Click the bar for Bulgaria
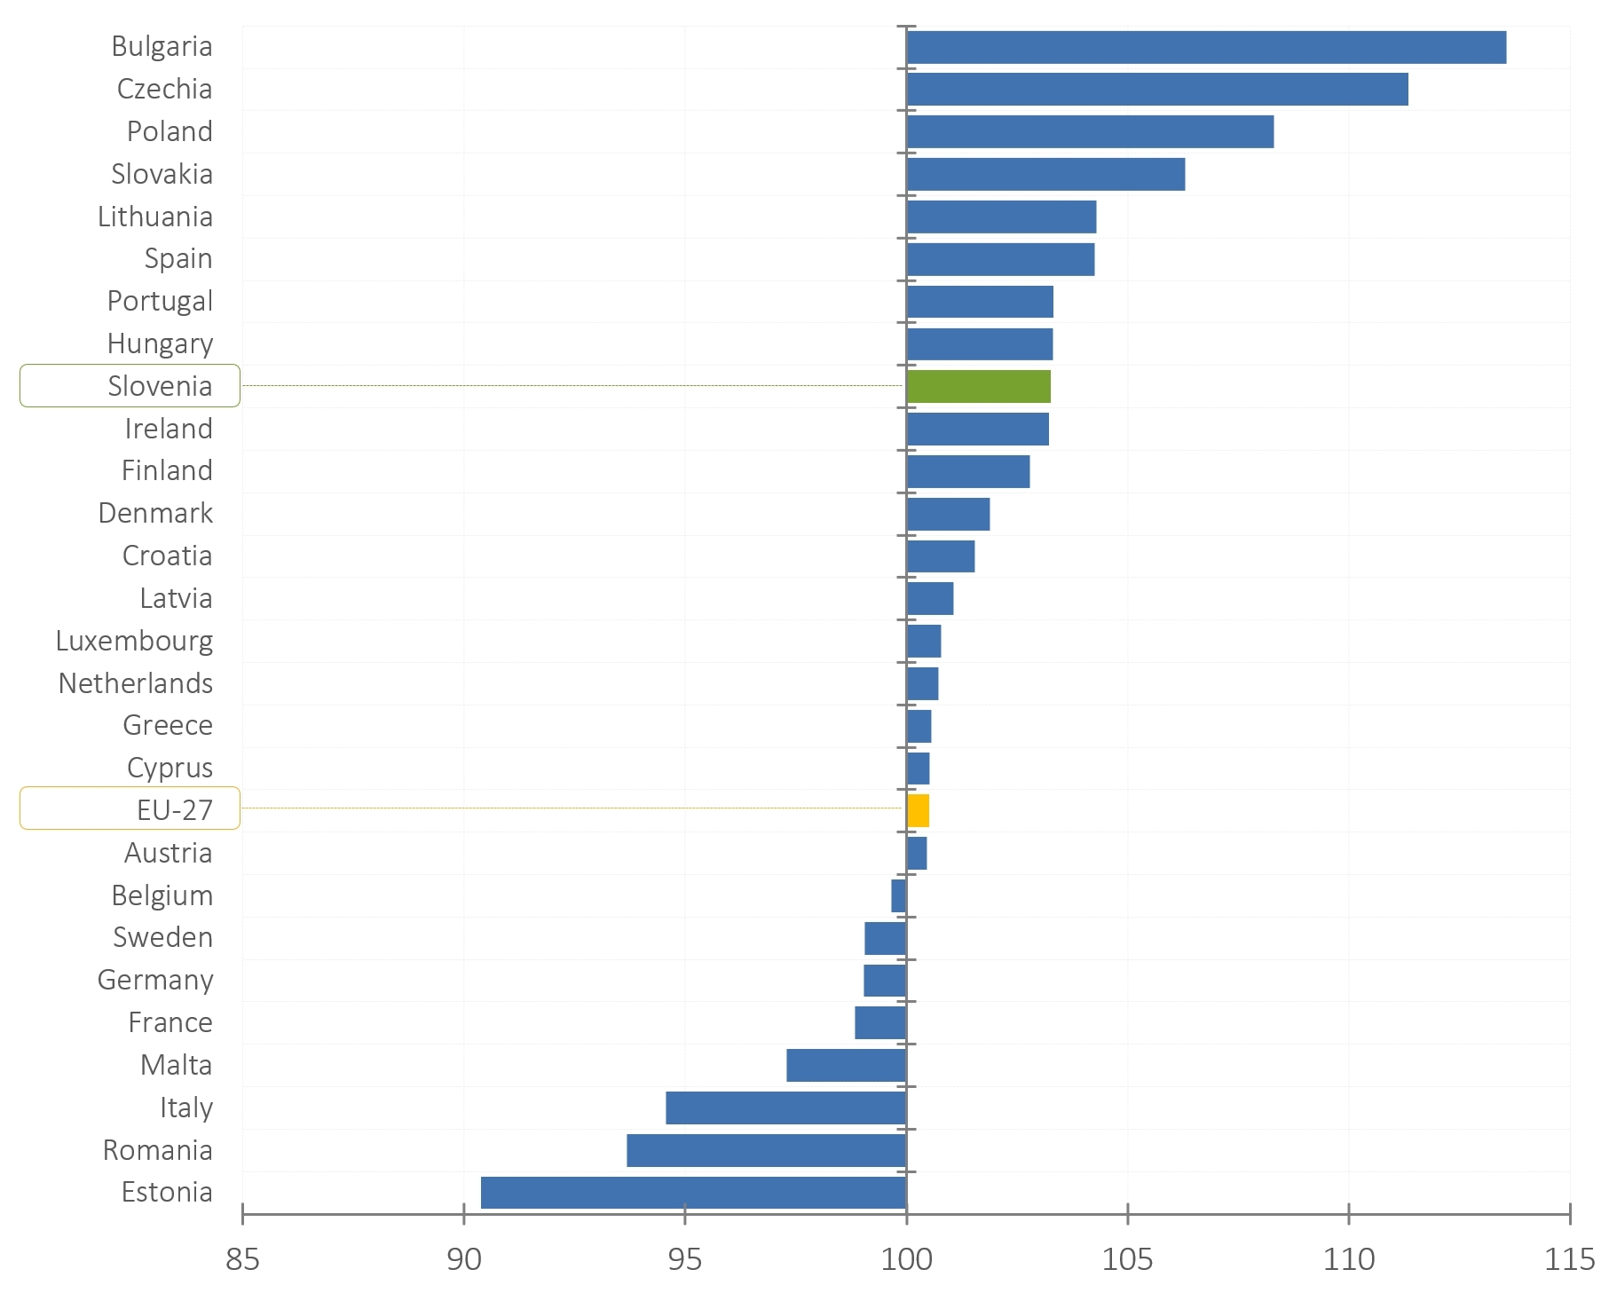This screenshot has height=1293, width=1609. click(x=1206, y=47)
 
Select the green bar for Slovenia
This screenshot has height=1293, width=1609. click(x=979, y=387)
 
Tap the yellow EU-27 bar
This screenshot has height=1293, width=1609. click(x=918, y=811)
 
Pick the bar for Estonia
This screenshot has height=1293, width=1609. click(x=693, y=1193)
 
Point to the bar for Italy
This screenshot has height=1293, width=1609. click(x=786, y=1108)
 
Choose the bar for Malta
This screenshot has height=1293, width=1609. click(x=846, y=1065)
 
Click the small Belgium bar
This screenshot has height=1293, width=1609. click(x=898, y=895)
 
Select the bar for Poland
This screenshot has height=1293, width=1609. click(x=1090, y=132)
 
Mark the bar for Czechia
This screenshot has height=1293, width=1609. click(x=1157, y=90)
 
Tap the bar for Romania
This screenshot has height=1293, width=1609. click(x=766, y=1150)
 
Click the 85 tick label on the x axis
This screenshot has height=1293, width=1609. click(x=242, y=1259)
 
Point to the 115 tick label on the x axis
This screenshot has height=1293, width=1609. click(x=1569, y=1259)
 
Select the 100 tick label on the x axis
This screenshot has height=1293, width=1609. click(x=906, y=1259)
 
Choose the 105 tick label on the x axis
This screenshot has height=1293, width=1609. click(x=1127, y=1259)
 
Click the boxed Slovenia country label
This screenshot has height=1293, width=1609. click(x=130, y=386)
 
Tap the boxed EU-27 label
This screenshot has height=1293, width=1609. click(x=130, y=809)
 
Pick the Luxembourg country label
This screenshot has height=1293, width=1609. click(x=134, y=641)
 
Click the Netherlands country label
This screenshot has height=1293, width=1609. click(x=136, y=683)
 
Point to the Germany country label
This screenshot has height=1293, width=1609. click(x=155, y=980)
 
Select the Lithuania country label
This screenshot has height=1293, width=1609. click(x=155, y=217)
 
